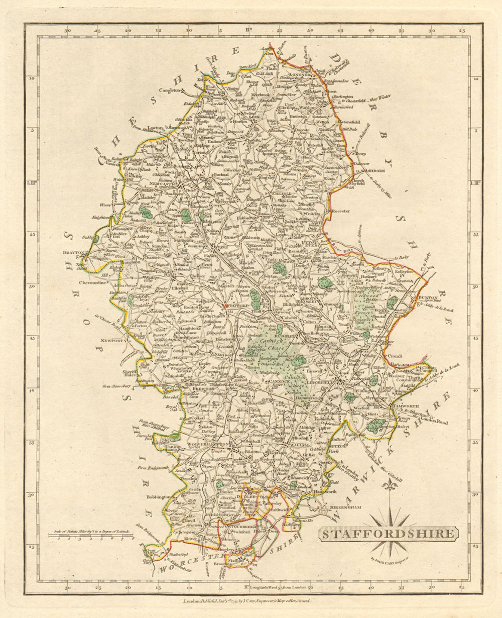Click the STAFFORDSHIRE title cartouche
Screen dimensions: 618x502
[388, 534]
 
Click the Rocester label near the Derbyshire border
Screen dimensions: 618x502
[340, 211]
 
